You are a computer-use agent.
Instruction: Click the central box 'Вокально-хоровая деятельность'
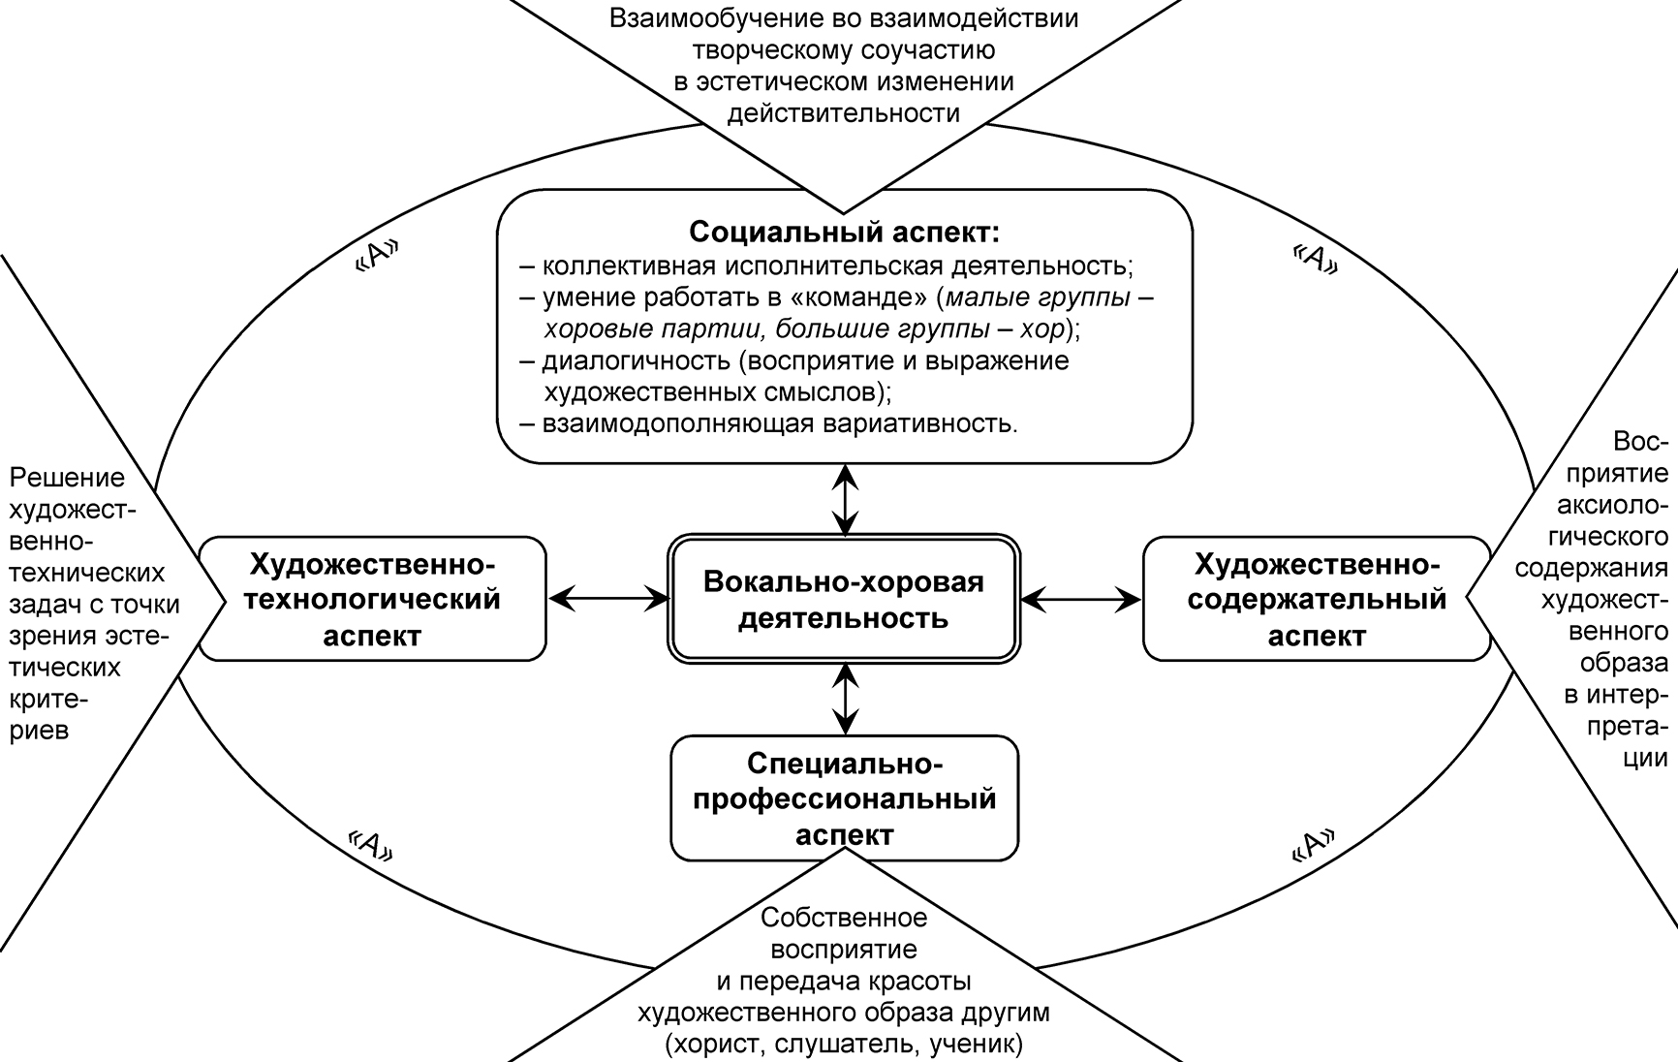[843, 600]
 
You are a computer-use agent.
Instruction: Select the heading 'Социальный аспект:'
[843, 233]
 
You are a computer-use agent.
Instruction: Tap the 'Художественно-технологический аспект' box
[373, 600]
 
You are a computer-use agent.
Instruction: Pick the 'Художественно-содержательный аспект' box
[1317, 600]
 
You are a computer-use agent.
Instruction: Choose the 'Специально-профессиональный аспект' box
[844, 798]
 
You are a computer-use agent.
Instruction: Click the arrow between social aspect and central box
[846, 500]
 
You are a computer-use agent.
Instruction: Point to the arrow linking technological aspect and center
[608, 600]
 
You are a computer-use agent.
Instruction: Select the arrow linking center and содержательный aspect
[1080, 600]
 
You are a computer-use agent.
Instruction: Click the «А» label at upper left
[377, 255]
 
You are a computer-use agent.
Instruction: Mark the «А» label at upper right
[1316, 258]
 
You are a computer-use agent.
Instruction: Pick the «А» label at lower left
[372, 846]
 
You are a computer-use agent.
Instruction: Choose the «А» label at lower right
[1315, 846]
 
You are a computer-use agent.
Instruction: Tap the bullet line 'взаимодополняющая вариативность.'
[780, 423]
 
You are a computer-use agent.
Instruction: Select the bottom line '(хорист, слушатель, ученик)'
[843, 1045]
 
